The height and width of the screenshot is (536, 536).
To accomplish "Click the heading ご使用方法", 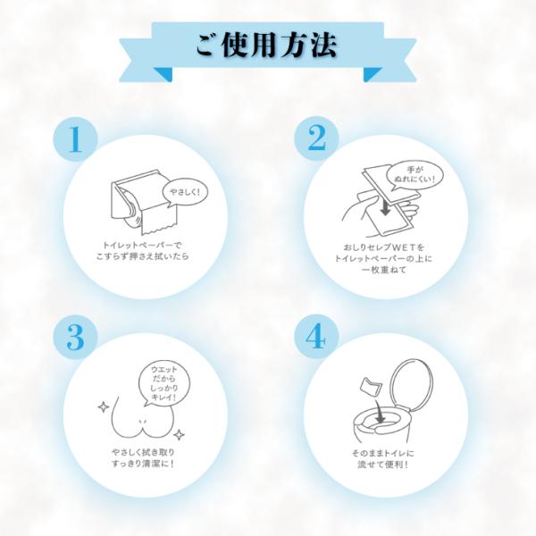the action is click(x=266, y=46).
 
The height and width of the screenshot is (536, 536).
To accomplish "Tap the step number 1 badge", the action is click(x=76, y=138).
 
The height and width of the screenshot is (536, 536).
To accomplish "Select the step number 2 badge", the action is click(x=316, y=138).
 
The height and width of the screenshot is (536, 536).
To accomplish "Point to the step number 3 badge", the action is click(x=76, y=337).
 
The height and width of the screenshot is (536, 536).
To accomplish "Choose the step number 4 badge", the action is click(x=316, y=337).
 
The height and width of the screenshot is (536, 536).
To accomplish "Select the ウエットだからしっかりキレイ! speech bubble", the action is click(x=163, y=383).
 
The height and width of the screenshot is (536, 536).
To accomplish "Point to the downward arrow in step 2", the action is click(x=385, y=207).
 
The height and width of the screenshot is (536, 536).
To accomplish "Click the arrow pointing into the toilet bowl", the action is click(x=380, y=411).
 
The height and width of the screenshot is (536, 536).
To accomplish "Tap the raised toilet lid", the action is click(x=412, y=383).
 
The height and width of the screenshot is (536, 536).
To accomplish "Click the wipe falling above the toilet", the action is click(x=370, y=387).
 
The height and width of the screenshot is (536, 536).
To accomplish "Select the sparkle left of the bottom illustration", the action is click(x=104, y=407).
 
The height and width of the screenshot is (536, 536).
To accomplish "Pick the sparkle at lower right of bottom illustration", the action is click(x=179, y=435).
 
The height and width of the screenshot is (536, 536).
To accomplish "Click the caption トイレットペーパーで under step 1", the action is click(x=143, y=245).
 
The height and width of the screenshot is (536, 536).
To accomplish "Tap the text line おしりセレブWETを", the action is click(x=384, y=247).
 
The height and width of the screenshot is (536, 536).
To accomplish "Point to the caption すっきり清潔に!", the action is click(x=143, y=465).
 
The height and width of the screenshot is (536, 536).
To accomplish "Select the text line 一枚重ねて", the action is click(x=384, y=270).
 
